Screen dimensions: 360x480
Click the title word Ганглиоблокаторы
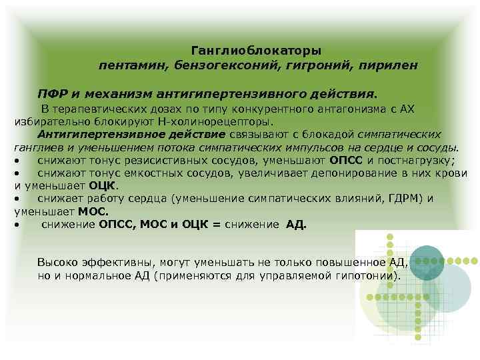click(256, 51)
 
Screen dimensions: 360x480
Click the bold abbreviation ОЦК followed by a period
click(105, 185)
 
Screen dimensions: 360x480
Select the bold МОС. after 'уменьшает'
click(93, 211)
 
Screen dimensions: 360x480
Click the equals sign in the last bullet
click(217, 225)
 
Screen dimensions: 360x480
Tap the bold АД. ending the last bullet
click(296, 225)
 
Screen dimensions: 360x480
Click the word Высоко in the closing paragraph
click(57, 261)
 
